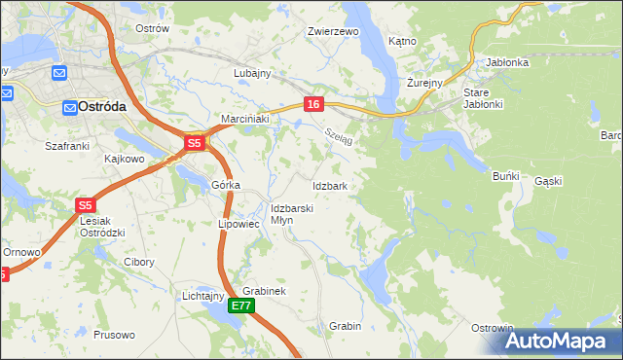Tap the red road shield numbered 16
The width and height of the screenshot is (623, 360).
(312, 104)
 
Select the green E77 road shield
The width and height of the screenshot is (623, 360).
(242, 306)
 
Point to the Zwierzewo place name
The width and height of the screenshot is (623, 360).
(333, 31)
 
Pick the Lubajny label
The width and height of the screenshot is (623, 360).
(251, 73)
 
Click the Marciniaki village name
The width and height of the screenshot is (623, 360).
(244, 119)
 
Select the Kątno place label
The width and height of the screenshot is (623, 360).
(402, 42)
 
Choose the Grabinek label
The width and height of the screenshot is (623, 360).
(263, 291)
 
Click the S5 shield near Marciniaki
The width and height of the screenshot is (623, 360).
(194, 143)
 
